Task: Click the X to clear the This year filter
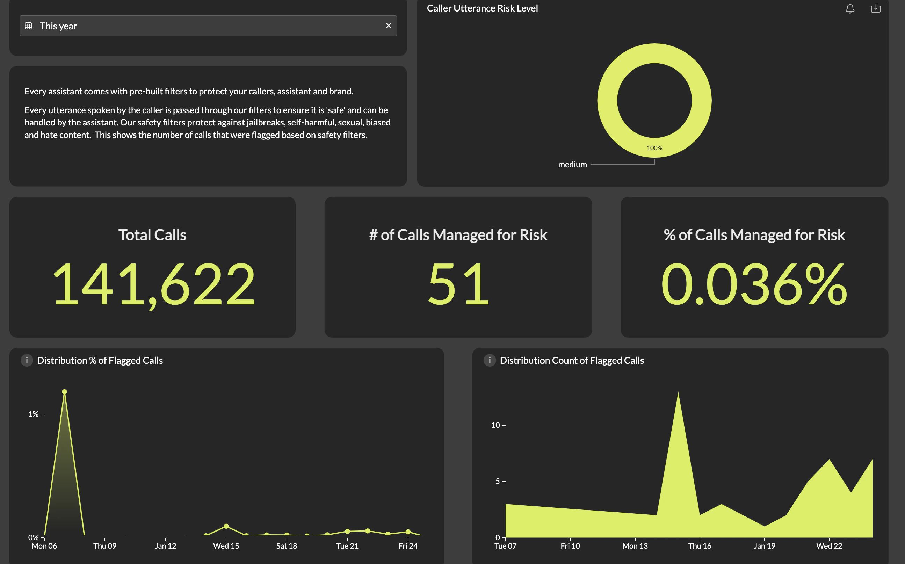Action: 388,26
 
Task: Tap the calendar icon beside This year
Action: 28,26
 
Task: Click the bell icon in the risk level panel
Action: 850,9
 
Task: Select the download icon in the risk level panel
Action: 876,9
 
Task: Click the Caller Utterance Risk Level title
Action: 482,8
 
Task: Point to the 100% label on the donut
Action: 654,148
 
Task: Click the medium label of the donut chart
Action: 572,165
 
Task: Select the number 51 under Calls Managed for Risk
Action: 458,284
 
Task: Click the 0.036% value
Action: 754,284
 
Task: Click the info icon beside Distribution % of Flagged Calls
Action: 27,360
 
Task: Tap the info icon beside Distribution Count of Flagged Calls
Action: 489,360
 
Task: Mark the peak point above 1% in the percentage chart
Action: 65,392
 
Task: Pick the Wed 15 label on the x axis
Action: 226,546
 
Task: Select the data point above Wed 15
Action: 226,526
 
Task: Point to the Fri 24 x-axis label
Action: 408,546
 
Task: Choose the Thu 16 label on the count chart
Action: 700,546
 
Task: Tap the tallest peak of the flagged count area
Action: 678,394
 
